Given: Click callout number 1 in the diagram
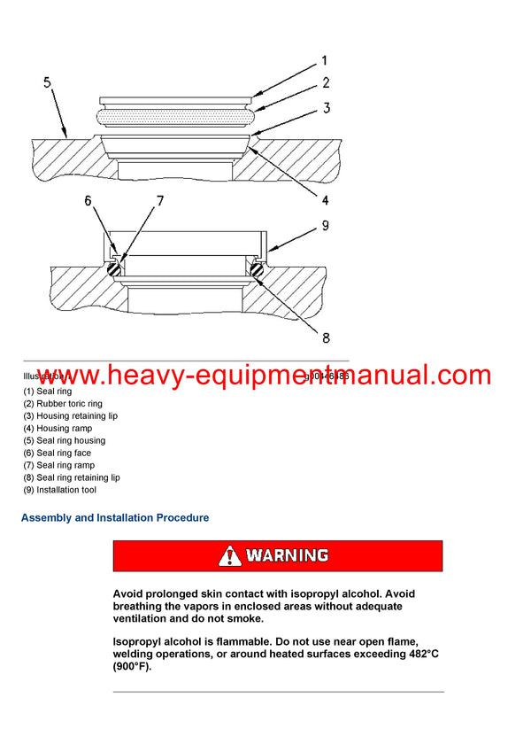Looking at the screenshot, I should coord(324,61).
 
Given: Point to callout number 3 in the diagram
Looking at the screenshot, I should coord(326,109).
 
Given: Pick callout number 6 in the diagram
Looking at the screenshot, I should coord(88,201).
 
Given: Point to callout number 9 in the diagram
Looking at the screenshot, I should coord(325,226).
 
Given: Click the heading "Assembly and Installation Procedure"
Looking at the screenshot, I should coord(115,518).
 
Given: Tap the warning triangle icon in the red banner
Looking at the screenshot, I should coord(230,556).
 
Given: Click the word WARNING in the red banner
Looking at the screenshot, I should coord(287,556).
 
